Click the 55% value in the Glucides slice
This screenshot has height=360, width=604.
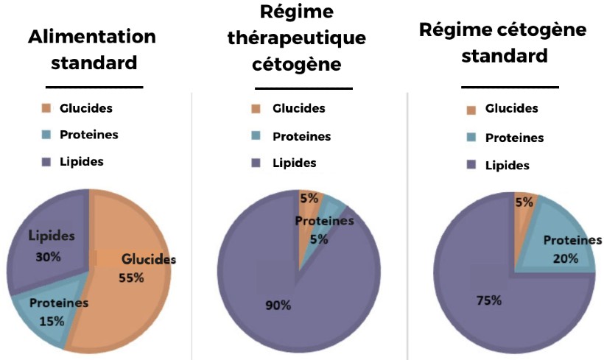click(131, 278)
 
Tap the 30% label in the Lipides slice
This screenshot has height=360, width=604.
click(48, 257)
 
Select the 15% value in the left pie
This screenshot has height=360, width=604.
click(52, 321)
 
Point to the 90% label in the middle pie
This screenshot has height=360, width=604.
click(278, 306)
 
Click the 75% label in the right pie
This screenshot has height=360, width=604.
click(489, 300)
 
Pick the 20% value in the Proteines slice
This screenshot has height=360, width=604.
click(566, 258)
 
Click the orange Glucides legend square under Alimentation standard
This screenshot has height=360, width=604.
click(46, 108)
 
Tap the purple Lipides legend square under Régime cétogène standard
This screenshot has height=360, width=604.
click(471, 165)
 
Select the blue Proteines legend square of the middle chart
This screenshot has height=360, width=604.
click(256, 135)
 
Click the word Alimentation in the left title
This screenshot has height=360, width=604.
click(92, 37)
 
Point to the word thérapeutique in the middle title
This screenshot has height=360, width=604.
click(297, 38)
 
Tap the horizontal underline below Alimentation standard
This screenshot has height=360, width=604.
click(94, 88)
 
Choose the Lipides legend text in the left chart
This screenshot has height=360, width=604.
click(82, 162)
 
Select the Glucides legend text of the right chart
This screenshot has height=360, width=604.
click(511, 108)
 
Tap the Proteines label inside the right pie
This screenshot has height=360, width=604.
click(572, 241)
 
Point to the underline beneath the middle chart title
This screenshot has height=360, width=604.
click(304, 88)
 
